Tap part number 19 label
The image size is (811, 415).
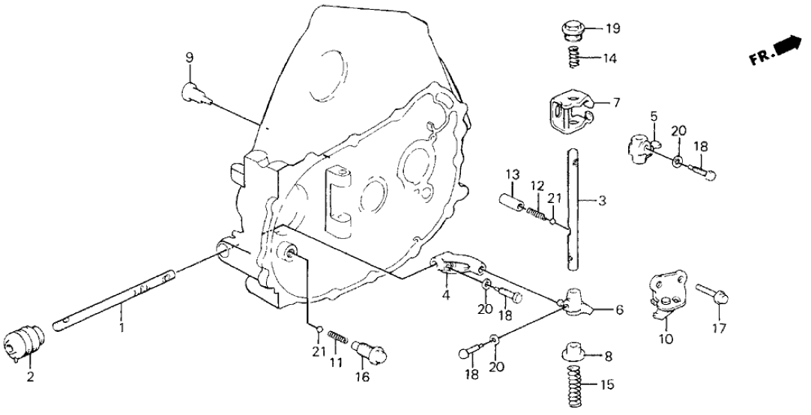pos(613,30)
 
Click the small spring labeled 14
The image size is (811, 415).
pos(573,56)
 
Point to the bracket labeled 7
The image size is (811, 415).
pos(568,111)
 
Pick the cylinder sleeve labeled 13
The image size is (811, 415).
pos(513,204)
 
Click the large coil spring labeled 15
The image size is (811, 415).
pos(579,381)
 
